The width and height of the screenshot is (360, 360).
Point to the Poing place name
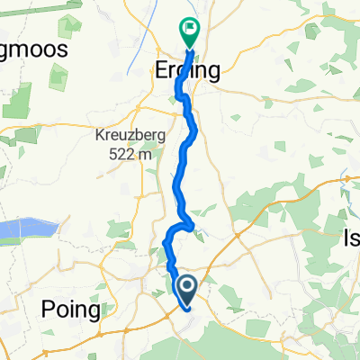[x=71, y=310]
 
